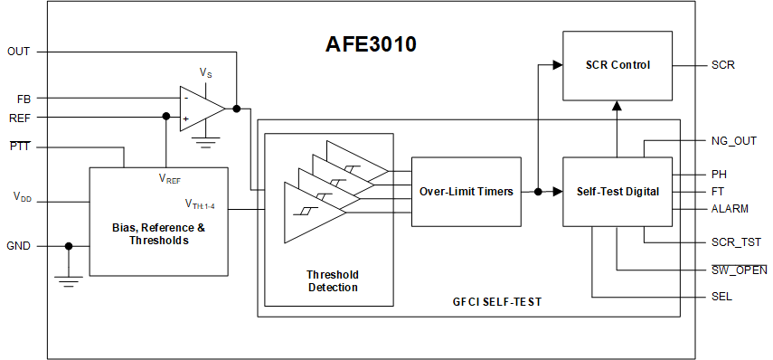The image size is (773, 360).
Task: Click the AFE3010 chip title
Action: (x=371, y=45)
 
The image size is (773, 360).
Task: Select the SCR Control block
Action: (x=617, y=65)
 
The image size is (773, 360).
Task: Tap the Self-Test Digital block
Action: (x=617, y=192)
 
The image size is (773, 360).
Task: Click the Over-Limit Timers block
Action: (x=466, y=192)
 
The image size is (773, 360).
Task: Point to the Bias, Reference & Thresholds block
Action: (x=158, y=234)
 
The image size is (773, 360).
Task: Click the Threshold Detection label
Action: (x=332, y=280)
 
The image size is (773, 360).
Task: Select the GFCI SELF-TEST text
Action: (x=496, y=302)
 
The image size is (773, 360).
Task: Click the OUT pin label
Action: (x=18, y=52)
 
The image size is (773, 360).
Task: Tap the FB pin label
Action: (x=24, y=98)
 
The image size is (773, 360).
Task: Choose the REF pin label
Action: (x=20, y=117)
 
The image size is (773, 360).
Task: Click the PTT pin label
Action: (x=20, y=147)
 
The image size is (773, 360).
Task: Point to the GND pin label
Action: (x=19, y=245)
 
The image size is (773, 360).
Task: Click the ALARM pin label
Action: (x=730, y=209)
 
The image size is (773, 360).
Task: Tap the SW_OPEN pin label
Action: (x=739, y=270)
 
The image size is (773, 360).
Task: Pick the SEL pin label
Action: (x=721, y=297)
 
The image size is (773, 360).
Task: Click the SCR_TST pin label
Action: (x=735, y=242)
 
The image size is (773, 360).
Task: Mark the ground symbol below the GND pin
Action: (x=68, y=280)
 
